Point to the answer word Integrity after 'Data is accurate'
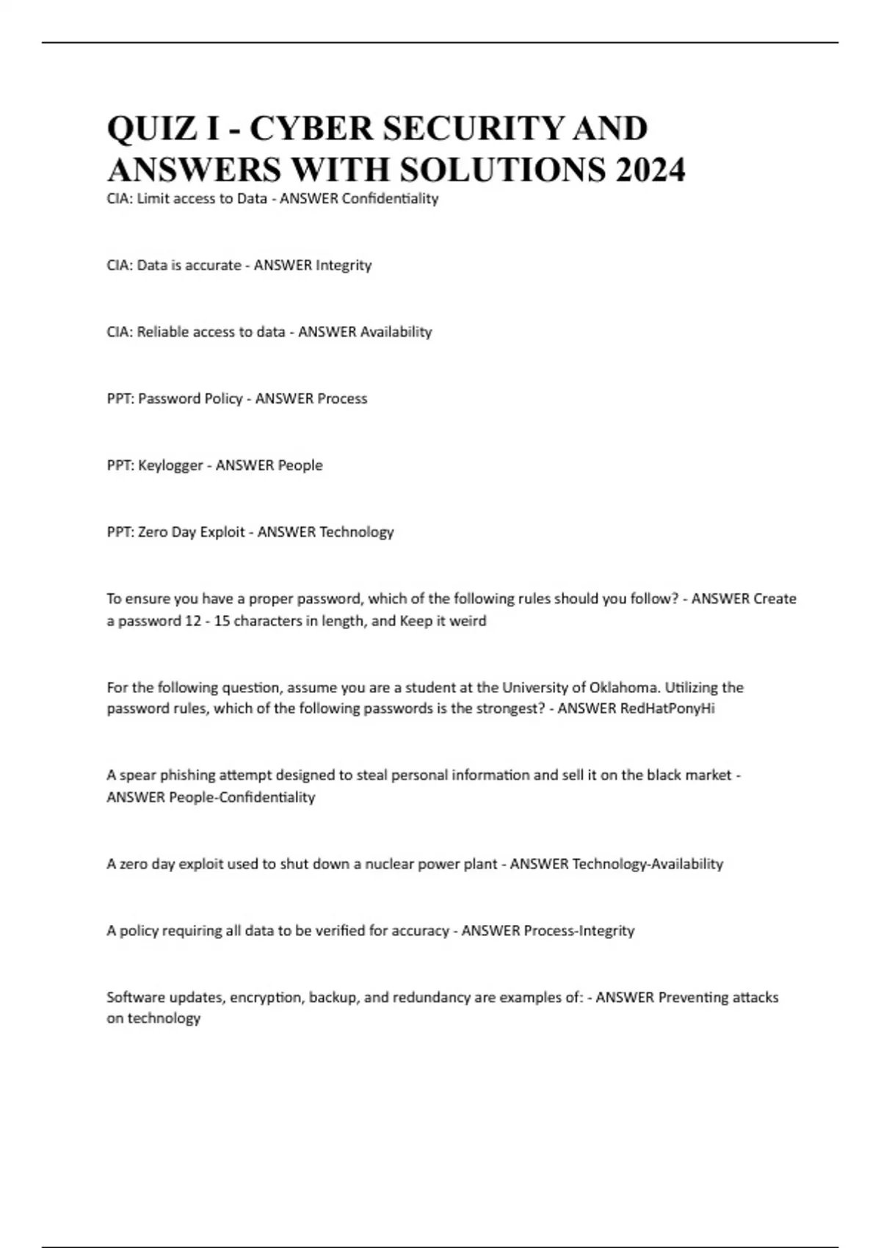pos(343,266)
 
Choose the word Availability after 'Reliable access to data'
pos(396,333)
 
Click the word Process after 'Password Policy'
pos(341,399)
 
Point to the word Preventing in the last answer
pos(693,998)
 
